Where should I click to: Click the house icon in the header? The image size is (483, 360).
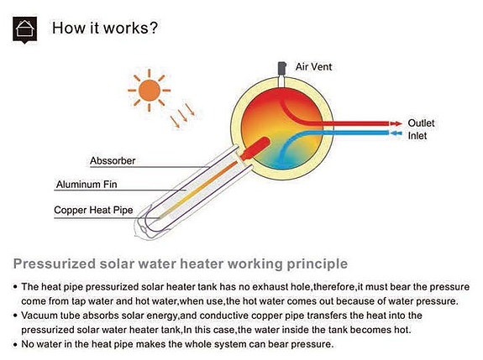click(x=24, y=30)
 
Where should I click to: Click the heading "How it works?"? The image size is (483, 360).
click(x=105, y=28)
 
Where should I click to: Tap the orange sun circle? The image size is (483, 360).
click(x=150, y=91)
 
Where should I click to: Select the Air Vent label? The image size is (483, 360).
click(x=313, y=67)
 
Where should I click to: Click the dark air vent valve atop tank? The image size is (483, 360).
click(x=282, y=69)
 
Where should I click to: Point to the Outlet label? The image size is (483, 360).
click(x=421, y=123)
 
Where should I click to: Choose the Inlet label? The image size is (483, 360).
click(x=417, y=136)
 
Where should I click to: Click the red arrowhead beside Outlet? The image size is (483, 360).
click(x=396, y=123)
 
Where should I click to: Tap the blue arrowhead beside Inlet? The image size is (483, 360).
click(x=396, y=133)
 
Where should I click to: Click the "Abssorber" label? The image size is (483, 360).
click(x=113, y=160)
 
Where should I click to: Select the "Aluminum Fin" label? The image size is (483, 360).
click(x=87, y=185)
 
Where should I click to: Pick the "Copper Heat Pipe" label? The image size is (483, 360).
click(x=93, y=210)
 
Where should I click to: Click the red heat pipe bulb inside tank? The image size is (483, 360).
click(x=255, y=149)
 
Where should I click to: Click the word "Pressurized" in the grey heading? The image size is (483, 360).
click(x=55, y=264)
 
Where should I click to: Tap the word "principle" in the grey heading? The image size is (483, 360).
click(x=318, y=264)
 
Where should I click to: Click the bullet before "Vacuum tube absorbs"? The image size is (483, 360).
click(x=15, y=316)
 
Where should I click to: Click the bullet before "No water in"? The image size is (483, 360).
click(x=15, y=345)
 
